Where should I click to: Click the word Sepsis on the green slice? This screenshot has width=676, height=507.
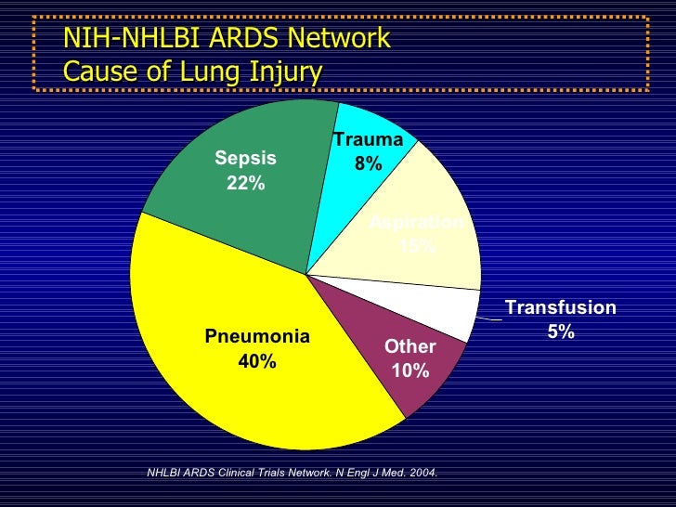click(x=245, y=159)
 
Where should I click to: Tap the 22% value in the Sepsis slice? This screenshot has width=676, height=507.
click(x=245, y=183)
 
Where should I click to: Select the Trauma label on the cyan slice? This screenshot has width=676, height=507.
click(x=368, y=140)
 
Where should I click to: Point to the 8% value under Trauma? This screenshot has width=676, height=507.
click(x=368, y=163)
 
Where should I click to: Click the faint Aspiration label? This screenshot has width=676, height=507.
click(x=416, y=222)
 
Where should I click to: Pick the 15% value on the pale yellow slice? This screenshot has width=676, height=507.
click(x=416, y=245)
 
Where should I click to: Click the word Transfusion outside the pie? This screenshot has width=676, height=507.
click(x=560, y=307)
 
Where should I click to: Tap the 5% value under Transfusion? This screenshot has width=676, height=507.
click(x=560, y=331)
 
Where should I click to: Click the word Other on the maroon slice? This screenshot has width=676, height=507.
click(x=409, y=346)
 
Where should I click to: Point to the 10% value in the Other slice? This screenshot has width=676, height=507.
click(x=409, y=370)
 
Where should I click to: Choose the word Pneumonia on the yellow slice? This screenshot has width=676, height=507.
click(x=257, y=337)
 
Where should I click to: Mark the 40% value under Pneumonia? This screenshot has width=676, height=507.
click(x=257, y=361)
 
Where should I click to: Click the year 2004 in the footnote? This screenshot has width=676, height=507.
click(x=421, y=473)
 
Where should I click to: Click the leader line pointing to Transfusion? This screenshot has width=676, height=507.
click(x=488, y=319)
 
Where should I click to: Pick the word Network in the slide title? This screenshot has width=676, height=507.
click(x=342, y=39)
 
